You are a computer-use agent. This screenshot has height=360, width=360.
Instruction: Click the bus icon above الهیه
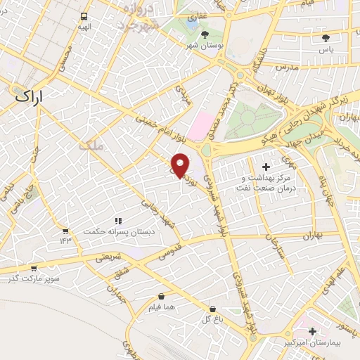[x=84, y=16]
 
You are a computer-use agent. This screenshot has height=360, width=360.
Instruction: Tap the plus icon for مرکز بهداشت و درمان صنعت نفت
[x=266, y=167]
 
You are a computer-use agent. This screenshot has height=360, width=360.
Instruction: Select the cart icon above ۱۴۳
[x=65, y=230]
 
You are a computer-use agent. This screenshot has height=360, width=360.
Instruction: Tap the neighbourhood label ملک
[x=91, y=146]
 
